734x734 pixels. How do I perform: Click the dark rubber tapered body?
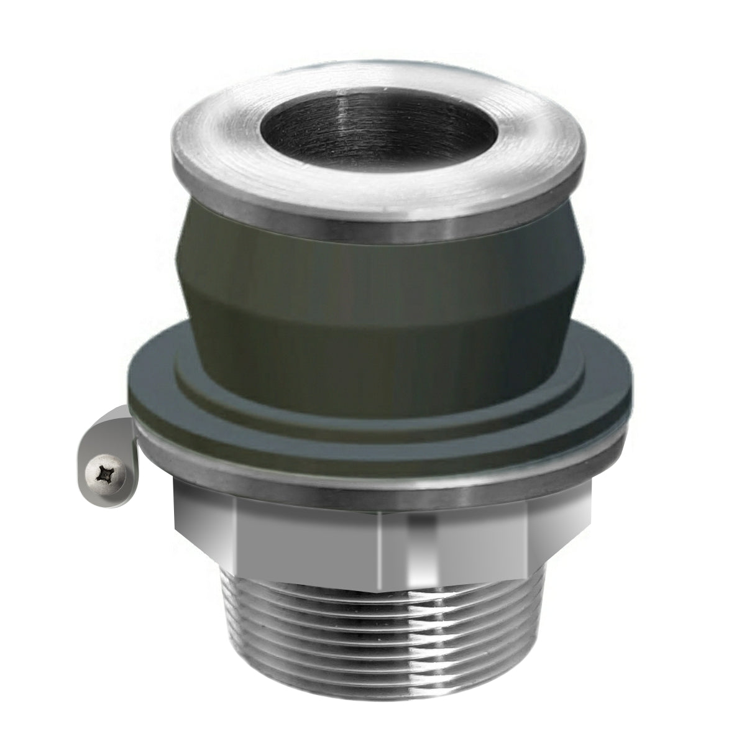tap(379, 273)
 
